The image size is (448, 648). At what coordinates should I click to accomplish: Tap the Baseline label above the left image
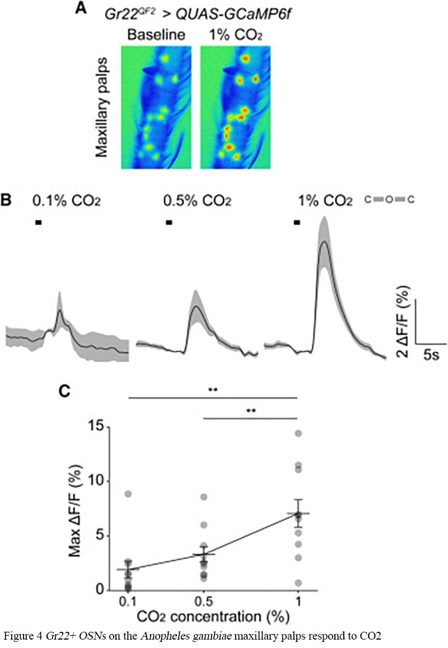click(156, 35)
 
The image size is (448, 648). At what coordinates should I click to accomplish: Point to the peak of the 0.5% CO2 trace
click(195, 306)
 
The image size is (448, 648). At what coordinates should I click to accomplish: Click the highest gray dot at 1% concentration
click(298, 433)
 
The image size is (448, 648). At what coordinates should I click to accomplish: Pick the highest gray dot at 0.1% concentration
click(128, 494)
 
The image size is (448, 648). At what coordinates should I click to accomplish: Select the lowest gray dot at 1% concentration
click(298, 583)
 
